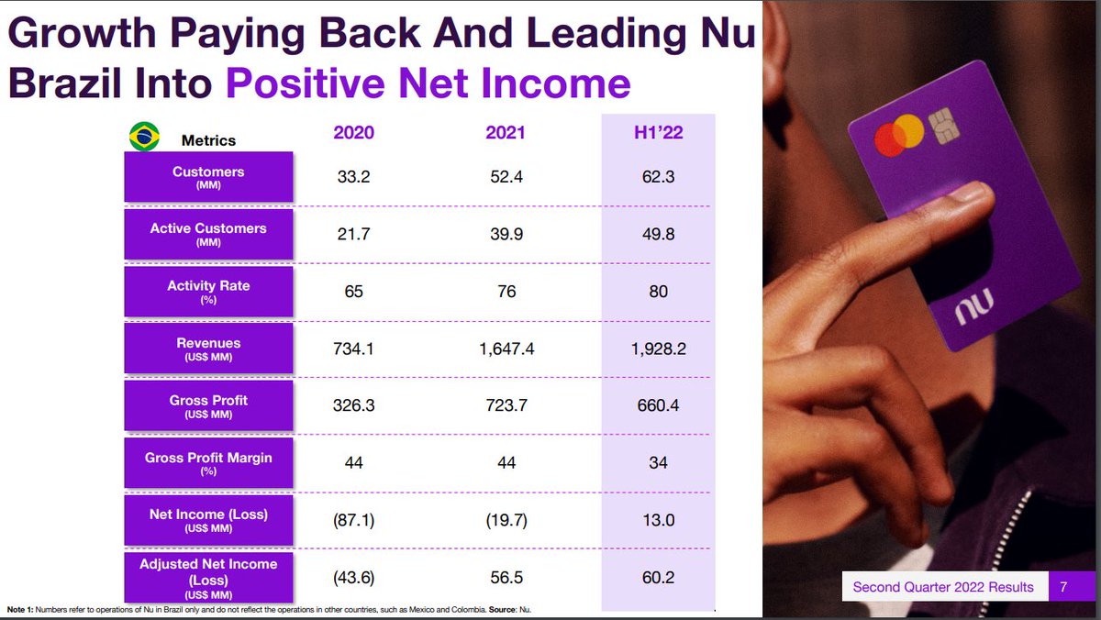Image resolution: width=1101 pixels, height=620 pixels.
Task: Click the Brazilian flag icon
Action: coord(142,136)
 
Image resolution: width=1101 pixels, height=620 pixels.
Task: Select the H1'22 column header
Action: coord(658,133)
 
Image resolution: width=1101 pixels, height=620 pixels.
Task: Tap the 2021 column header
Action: coord(506,133)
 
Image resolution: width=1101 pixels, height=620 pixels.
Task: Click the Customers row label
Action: coord(208,177)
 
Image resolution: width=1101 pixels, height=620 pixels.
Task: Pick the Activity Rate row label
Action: coord(208,291)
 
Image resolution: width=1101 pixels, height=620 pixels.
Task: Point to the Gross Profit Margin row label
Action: coord(208,462)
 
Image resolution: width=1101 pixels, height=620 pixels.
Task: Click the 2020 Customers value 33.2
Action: coord(353,177)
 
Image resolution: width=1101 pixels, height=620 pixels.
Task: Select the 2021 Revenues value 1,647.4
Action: coord(506,349)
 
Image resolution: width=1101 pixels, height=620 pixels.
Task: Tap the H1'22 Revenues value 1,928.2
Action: coord(658,349)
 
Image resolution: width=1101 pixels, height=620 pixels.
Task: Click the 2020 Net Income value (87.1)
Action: coord(353,520)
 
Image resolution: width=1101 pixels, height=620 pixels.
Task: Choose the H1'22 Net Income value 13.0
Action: coord(658,520)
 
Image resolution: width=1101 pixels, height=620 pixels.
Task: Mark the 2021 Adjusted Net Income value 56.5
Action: coord(506,579)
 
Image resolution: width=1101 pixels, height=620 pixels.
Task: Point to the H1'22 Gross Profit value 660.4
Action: coord(658,405)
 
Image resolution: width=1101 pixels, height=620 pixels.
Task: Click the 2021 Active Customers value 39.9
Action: coord(506,234)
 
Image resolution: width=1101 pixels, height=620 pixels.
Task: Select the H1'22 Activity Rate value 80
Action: coord(658,292)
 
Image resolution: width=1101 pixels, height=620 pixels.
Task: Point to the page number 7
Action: coord(1063,587)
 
